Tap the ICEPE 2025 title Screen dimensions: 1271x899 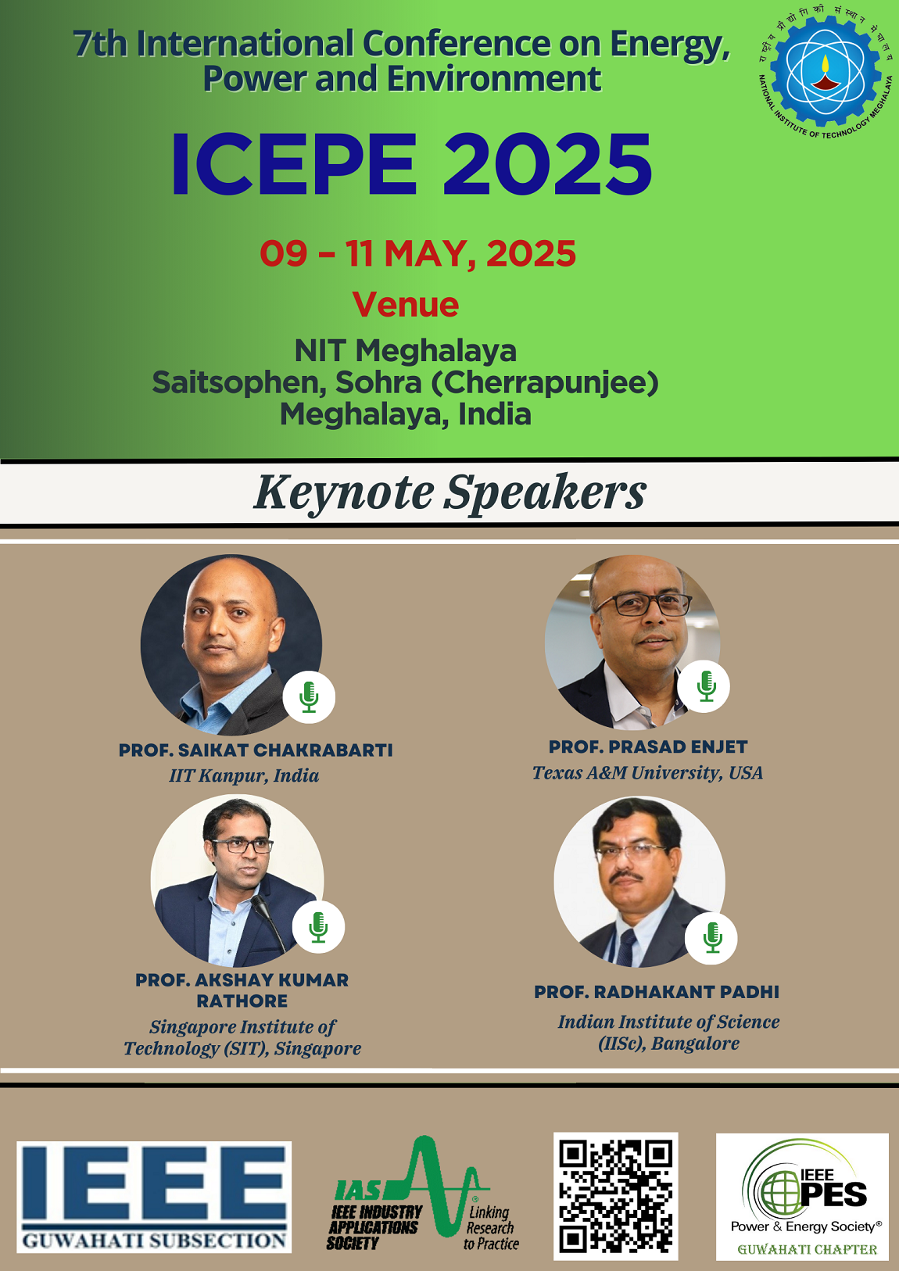[411, 164]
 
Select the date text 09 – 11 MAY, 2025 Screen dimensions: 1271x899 [418, 254]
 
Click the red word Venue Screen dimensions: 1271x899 [405, 305]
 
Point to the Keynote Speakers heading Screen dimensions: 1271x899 [449, 493]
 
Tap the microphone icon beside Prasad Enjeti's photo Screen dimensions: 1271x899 [704, 686]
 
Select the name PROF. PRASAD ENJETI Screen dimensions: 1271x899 [648, 747]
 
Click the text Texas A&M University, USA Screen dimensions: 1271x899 [647, 773]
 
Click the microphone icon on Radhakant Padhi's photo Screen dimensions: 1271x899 [711, 936]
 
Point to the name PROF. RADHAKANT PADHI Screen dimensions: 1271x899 [657, 992]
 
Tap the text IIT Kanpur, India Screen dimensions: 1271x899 [244, 775]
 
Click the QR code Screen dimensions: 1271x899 [616, 1196]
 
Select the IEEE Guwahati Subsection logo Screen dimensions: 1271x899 [154, 1197]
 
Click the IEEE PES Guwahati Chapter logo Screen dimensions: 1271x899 [802, 1196]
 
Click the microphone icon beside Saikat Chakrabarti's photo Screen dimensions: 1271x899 [309, 696]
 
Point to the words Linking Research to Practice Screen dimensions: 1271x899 [490, 1227]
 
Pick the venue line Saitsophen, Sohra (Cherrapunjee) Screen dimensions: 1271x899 [405, 383]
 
